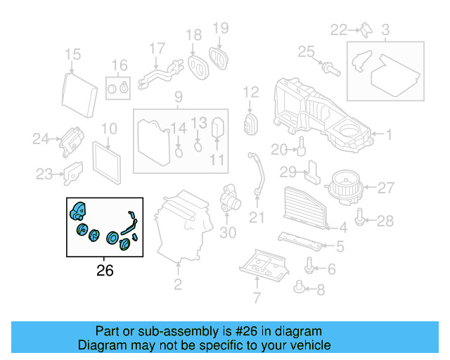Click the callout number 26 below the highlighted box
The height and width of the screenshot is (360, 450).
coord(104,269)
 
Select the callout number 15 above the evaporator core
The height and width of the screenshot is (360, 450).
coord(73,55)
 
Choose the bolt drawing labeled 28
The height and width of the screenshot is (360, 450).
coord(361,219)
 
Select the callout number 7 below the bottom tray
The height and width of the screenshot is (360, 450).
coord(257,298)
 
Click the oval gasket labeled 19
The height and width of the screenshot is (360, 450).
coord(221,58)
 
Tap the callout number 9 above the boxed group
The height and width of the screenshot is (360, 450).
coord(179,96)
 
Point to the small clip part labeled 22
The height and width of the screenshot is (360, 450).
coord(366,29)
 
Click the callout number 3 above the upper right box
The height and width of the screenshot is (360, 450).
coord(385,30)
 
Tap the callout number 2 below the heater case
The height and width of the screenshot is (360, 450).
coord(178,284)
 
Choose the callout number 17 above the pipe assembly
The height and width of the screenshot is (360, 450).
coord(157,49)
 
